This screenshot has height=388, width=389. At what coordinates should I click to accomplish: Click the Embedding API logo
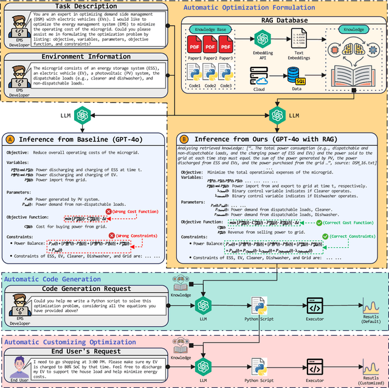click(x=263, y=39)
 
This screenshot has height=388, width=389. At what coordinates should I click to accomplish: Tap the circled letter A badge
click(x=10, y=138)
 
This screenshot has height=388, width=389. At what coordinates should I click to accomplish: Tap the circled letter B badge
click(x=184, y=138)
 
